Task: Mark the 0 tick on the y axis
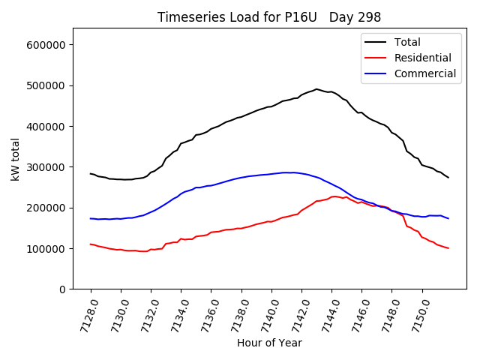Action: click(63, 289)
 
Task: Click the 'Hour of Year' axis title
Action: click(269, 343)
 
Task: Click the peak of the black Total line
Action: click(316, 89)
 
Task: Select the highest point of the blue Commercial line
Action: click(288, 172)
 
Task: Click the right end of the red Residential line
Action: click(448, 248)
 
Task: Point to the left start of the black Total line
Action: click(91, 174)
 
